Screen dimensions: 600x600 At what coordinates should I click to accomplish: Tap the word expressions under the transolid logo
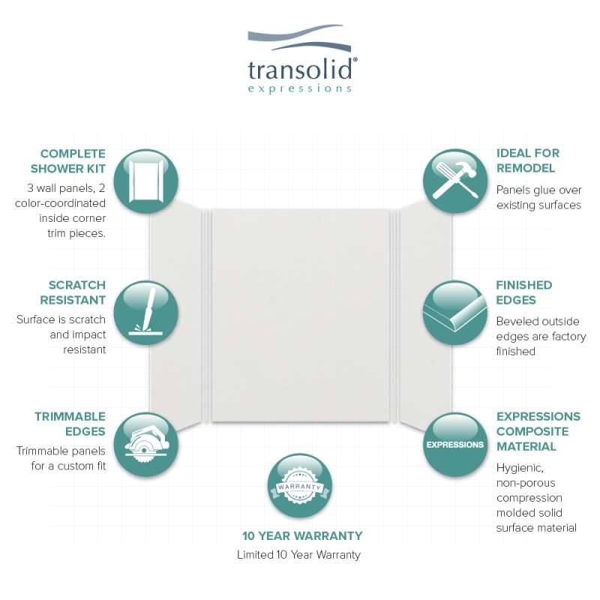[299, 88]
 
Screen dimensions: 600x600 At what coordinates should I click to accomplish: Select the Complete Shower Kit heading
[68, 161]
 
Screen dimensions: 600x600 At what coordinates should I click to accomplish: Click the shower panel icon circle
[146, 181]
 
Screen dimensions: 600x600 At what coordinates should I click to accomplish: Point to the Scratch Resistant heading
[73, 292]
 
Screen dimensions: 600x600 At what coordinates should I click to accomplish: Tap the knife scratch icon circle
[146, 313]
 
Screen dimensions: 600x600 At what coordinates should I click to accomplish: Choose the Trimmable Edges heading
[70, 424]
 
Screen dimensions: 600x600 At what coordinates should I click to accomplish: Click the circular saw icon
[146, 445]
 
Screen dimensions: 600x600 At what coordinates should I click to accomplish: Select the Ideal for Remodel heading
[528, 160]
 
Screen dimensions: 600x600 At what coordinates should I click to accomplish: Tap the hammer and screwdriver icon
[455, 181]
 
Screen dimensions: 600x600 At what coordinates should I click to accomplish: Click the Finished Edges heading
[523, 292]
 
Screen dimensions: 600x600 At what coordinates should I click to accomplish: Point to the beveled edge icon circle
[455, 313]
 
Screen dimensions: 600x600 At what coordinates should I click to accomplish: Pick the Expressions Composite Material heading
[538, 431]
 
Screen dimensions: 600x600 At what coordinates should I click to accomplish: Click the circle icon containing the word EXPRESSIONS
[455, 445]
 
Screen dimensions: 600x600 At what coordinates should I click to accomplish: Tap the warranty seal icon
[299, 486]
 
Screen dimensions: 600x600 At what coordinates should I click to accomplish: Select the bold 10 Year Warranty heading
[302, 535]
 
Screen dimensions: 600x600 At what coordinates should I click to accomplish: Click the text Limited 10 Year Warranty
[298, 555]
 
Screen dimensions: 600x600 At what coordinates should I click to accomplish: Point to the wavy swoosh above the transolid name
[299, 37]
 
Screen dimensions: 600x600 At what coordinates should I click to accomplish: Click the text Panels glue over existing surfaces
[538, 197]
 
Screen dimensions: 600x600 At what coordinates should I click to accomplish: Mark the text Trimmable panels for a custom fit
[61, 458]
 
